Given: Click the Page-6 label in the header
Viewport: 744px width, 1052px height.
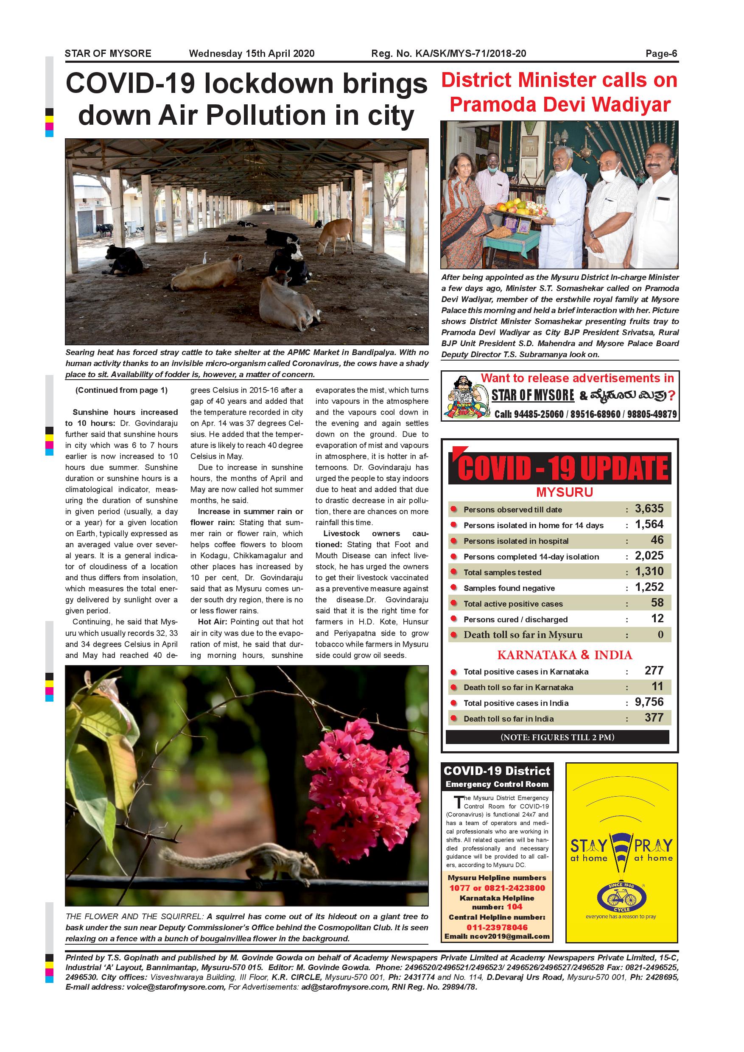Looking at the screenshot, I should [661, 53].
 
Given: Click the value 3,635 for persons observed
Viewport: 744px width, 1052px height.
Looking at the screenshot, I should [649, 509].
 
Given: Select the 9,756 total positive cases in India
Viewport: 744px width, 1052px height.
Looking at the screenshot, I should [649, 702].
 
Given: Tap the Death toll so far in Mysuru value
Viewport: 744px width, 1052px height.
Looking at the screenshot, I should [660, 635].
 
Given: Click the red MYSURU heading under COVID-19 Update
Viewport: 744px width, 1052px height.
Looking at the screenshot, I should [565, 492].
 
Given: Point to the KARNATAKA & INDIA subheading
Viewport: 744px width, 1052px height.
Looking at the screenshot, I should [565, 655].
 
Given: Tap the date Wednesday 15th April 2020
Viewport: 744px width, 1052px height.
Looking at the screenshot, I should [252, 53].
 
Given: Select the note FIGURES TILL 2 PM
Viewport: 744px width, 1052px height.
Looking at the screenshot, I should [557, 737].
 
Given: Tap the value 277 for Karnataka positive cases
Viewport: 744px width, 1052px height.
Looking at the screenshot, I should [654, 671].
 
